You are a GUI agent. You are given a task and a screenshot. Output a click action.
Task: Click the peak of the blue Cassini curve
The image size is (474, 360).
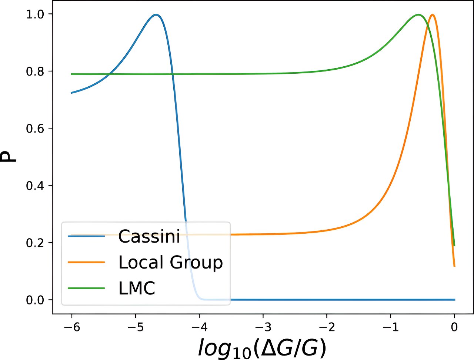pos(156,15)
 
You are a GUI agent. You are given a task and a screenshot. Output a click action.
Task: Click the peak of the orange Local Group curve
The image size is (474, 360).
pos(432,15)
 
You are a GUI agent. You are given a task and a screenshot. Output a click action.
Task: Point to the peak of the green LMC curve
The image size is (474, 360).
pos(418,15)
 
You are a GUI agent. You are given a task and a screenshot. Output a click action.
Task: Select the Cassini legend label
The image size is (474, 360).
pos(149,236)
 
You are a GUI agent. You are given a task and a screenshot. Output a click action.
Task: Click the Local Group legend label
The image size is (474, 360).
pos(170,262)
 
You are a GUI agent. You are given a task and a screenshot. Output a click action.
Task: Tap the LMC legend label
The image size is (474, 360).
pos(137,288)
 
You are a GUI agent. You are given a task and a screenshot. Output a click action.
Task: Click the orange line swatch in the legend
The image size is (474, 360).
pos(86,262)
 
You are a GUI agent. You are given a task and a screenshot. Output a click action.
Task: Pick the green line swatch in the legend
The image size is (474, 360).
pos(86,288)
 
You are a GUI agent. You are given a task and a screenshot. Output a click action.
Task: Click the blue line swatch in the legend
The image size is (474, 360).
pos(86,236)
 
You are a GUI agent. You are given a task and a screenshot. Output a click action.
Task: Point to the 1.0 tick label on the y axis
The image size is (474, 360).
pos(35,14)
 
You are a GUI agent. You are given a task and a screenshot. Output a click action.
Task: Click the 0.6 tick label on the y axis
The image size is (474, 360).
pos(35,129)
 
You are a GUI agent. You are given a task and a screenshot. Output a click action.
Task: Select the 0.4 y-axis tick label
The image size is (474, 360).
pos(35,186)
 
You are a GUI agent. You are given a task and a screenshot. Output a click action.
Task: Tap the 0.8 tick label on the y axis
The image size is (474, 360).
pos(35,71)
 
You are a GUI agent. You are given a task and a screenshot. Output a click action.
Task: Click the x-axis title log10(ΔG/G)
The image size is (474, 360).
pos(262,348)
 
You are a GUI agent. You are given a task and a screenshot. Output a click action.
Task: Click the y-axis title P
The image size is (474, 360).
pos(10,157)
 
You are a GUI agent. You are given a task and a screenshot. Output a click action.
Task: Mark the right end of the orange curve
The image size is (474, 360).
pos(454,266)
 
